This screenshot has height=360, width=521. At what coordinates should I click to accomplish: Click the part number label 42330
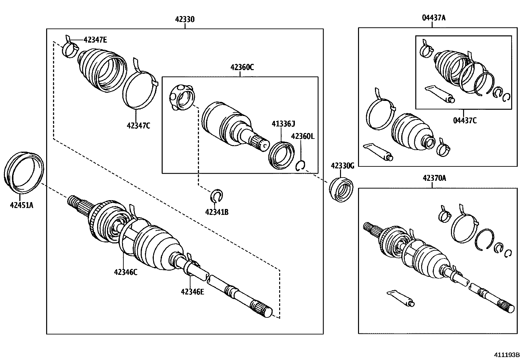(185, 19)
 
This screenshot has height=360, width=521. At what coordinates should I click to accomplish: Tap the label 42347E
(95, 40)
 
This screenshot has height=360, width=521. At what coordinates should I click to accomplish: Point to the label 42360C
(242, 67)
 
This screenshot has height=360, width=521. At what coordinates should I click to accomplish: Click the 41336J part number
(283, 123)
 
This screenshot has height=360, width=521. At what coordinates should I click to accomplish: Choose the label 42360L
(302, 136)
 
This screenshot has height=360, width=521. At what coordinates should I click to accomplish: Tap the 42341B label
(217, 212)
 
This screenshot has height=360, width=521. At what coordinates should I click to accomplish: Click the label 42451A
(22, 205)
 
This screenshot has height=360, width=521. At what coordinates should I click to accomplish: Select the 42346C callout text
(126, 272)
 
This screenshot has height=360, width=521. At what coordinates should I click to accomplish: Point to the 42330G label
(342, 166)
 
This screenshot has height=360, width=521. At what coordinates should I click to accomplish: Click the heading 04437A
(433, 18)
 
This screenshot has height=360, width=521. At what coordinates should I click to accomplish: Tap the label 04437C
(465, 121)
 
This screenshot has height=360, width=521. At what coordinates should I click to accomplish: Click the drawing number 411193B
(507, 355)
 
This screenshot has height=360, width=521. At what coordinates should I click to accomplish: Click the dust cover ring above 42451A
(24, 171)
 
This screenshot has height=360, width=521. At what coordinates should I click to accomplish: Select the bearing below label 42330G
(341, 189)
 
